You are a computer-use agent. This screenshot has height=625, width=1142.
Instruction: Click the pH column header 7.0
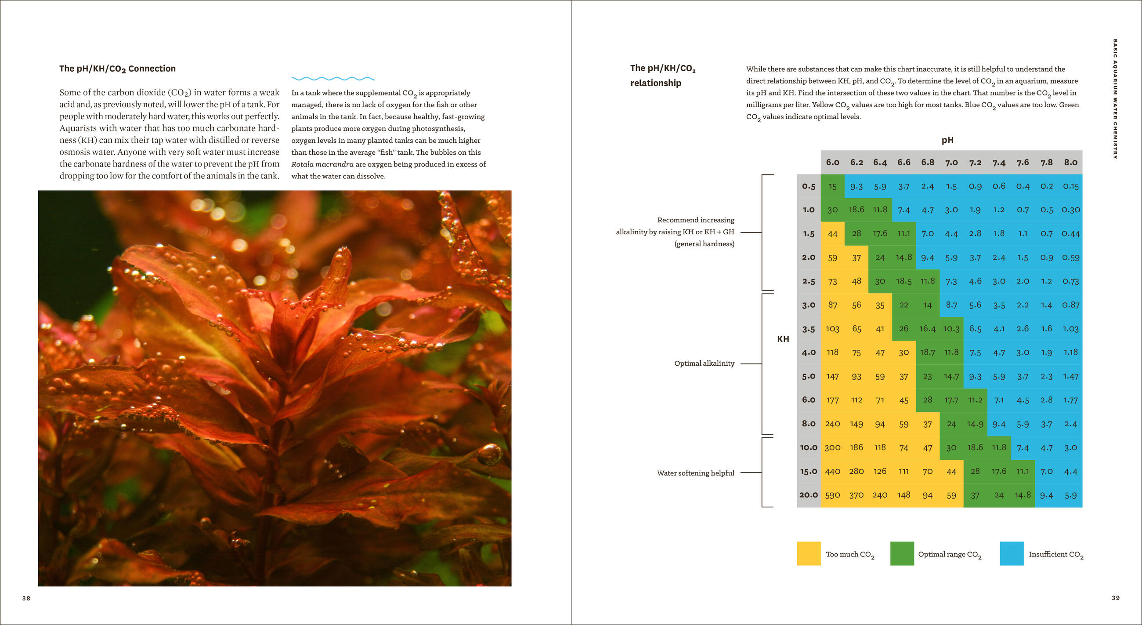(x=951, y=162)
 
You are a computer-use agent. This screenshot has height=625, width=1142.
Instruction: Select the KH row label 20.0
(x=808, y=494)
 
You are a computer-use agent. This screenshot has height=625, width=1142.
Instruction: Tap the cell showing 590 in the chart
(x=832, y=495)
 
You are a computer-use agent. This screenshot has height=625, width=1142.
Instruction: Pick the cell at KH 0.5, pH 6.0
(x=832, y=186)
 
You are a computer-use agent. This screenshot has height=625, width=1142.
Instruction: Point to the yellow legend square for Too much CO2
(x=808, y=553)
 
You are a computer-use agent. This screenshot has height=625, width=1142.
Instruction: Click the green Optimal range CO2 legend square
(x=902, y=553)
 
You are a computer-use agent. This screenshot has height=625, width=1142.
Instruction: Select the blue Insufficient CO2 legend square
(x=1012, y=553)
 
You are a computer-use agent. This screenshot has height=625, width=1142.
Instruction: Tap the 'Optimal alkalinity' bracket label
(x=704, y=363)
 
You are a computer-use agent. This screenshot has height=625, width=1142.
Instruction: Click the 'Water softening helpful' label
(x=695, y=473)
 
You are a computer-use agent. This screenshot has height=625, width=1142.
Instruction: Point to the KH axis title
(x=783, y=339)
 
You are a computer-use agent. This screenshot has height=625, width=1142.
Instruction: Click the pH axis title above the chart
(x=947, y=140)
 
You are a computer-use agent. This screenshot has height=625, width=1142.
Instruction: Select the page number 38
(x=26, y=598)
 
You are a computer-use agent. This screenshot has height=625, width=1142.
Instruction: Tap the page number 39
(x=1115, y=598)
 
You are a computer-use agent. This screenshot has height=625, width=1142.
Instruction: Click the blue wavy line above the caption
(x=332, y=79)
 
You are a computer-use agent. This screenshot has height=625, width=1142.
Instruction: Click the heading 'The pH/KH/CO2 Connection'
(x=117, y=69)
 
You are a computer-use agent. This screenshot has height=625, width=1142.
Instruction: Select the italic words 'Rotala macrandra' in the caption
(x=322, y=164)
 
